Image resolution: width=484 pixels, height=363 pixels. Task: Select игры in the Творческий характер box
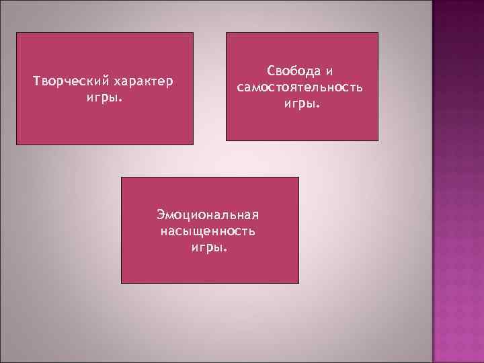click(x=101, y=98)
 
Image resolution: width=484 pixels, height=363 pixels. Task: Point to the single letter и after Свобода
click(x=330, y=71)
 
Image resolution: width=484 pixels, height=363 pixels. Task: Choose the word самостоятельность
click(x=300, y=88)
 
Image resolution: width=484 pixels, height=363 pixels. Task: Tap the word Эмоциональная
click(x=208, y=215)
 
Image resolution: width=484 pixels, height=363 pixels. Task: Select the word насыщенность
click(x=208, y=232)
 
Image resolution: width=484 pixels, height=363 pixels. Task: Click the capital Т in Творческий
click(x=37, y=82)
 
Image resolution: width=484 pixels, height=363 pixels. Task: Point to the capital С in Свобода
click(x=271, y=71)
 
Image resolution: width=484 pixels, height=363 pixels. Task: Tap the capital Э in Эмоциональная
click(x=161, y=215)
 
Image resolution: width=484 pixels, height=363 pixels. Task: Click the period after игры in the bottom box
click(x=226, y=250)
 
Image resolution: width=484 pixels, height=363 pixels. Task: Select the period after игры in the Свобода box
click(x=318, y=106)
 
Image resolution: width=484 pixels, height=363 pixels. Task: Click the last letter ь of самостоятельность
click(x=360, y=88)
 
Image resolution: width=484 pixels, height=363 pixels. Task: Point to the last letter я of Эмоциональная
click(x=255, y=215)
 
